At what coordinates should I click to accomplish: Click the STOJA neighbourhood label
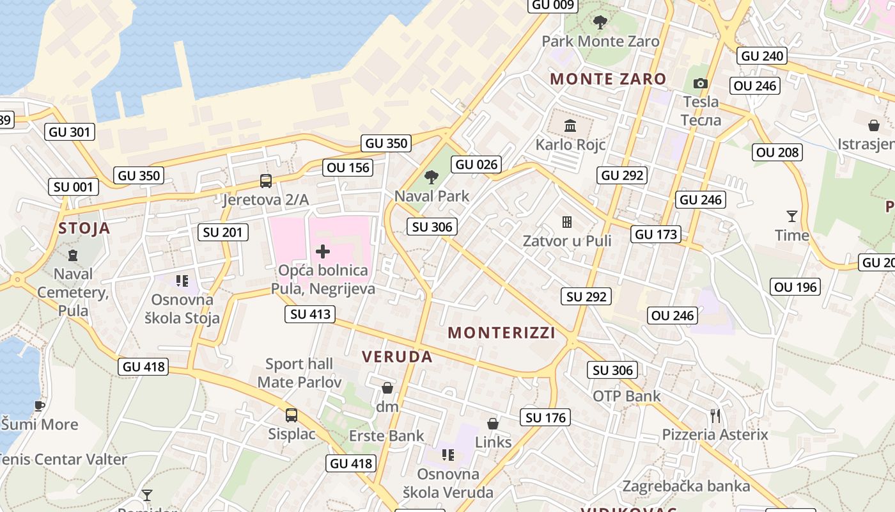[84, 228]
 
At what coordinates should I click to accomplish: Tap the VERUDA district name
[398, 357]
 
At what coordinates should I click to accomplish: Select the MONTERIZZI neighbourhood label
[501, 333]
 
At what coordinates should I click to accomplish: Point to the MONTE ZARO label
[608, 79]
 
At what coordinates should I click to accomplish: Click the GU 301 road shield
[70, 132]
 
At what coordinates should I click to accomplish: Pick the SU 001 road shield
[74, 187]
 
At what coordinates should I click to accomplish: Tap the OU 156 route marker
[348, 168]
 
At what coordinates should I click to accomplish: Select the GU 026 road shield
[477, 164]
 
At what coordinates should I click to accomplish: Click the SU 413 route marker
[311, 314]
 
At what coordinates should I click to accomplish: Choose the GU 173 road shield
[657, 234]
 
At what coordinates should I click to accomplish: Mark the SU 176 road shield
[546, 418]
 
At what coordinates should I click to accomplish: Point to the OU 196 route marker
[795, 287]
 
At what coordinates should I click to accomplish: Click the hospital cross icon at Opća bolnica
[323, 252]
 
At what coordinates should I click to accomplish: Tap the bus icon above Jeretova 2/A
[266, 181]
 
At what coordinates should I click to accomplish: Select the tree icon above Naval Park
[432, 177]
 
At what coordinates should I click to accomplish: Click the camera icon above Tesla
[701, 83]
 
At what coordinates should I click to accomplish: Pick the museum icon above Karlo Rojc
[570, 125]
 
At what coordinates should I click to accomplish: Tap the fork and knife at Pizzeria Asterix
[715, 416]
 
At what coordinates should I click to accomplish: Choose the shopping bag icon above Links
[493, 424]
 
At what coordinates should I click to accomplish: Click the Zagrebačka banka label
[686, 486]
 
